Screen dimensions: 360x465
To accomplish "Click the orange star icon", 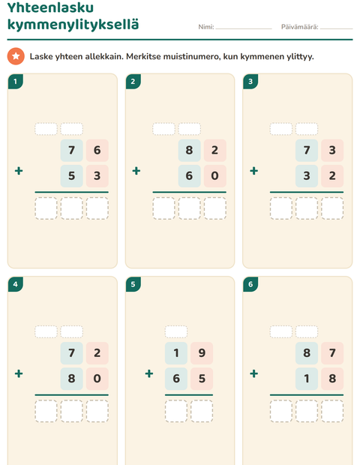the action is [x=16, y=56].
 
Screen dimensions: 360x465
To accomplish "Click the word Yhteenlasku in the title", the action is [x=50, y=7].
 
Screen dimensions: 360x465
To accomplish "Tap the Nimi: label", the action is [x=206, y=27].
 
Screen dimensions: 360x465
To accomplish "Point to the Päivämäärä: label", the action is [x=299, y=27].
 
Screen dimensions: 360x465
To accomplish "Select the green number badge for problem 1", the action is [x=16, y=82].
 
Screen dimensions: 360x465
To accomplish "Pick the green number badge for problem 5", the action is [x=133, y=284].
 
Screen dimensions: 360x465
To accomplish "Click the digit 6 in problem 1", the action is [x=97, y=150].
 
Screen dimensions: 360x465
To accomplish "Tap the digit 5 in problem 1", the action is [x=72, y=175].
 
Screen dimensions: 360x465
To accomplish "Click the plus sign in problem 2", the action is [x=136, y=171].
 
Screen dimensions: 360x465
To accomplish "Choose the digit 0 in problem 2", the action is [x=215, y=175].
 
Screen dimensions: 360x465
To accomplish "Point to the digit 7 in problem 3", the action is [x=307, y=150].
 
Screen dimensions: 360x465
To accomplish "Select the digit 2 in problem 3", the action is [x=332, y=175].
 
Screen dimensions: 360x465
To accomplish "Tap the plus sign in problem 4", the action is [x=19, y=373].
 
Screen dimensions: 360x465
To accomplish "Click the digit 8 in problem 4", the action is [x=72, y=379].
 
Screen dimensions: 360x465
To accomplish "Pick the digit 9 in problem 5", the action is [x=202, y=353].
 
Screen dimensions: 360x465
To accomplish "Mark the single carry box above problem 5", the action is [x=176, y=331].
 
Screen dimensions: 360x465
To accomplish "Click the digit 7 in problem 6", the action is [x=332, y=353].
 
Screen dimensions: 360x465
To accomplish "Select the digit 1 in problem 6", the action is [x=307, y=379].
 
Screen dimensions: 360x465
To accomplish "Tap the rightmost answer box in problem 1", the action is [x=97, y=208].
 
